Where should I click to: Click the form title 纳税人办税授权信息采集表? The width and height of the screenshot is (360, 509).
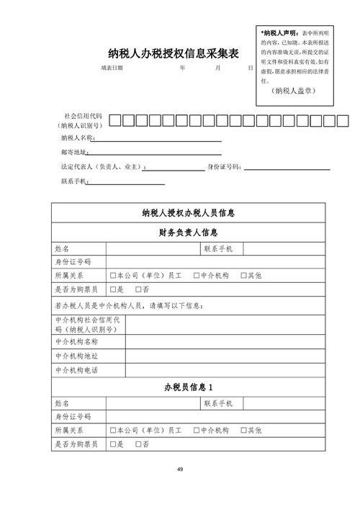click(x=173, y=53)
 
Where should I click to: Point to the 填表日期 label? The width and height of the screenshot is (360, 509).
click(x=112, y=68)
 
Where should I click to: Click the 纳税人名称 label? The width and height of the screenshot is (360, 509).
click(x=77, y=138)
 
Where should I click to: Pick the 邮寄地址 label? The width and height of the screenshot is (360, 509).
click(x=74, y=152)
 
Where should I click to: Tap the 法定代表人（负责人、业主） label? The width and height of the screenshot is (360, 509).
click(x=102, y=167)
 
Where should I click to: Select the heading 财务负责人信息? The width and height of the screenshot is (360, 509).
click(x=189, y=233)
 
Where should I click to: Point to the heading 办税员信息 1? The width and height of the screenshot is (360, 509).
click(x=189, y=388)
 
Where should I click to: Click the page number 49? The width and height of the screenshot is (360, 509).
click(x=180, y=470)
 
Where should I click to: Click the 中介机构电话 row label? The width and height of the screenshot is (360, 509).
click(x=76, y=370)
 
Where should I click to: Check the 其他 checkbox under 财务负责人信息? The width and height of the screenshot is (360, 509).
click(x=243, y=276)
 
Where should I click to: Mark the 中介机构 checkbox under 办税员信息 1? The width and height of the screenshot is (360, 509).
click(x=196, y=431)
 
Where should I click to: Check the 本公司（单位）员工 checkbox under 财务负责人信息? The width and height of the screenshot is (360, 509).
click(x=114, y=276)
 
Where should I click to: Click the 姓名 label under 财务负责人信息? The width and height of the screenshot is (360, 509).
click(x=62, y=249)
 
